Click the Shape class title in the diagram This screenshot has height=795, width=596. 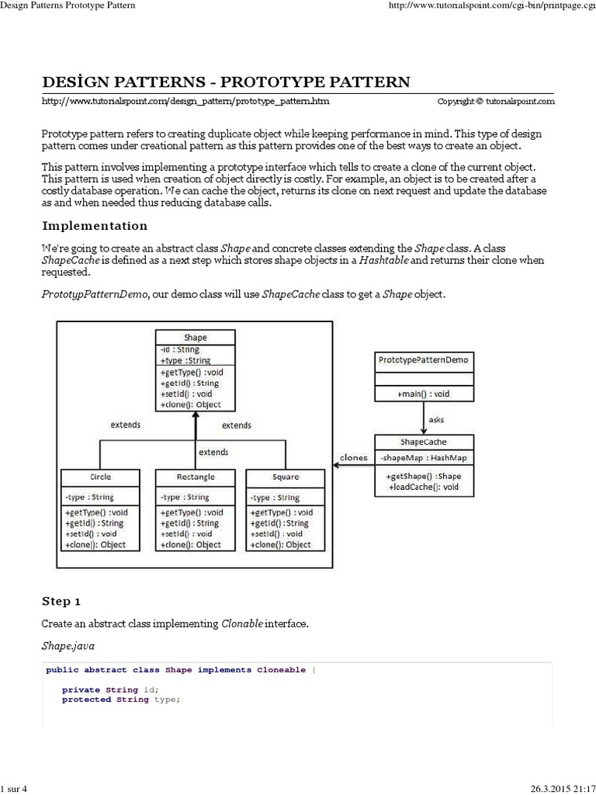[x=196, y=338]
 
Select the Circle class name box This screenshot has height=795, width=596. [x=100, y=477]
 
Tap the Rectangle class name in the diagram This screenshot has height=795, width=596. [x=196, y=477]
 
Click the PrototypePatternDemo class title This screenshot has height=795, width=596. [x=423, y=360]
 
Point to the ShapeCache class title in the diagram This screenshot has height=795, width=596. [x=423, y=441]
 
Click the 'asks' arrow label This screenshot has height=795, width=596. [x=436, y=419]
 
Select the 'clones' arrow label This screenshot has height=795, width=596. [x=353, y=457]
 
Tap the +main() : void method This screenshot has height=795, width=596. [x=424, y=394]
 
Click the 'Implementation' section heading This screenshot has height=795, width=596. [x=94, y=226]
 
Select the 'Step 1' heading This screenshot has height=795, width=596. [x=61, y=601]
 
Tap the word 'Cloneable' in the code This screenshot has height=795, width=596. [x=281, y=669]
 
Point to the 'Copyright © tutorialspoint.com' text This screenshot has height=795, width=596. [x=496, y=101]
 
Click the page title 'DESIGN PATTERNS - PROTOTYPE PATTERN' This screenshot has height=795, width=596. [x=225, y=82]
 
